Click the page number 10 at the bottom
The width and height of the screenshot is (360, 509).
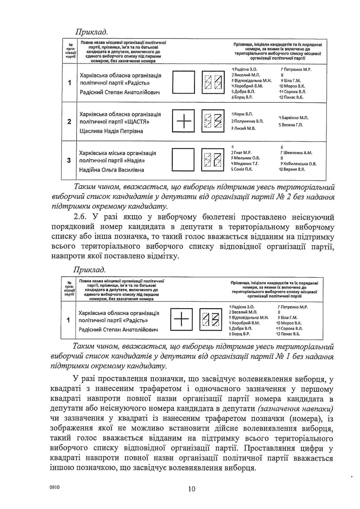coord(191,489)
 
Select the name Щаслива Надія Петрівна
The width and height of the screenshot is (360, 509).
coord(111,131)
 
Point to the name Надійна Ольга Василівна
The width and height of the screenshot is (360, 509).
coord(111,170)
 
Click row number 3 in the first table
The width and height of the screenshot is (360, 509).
coord(69,160)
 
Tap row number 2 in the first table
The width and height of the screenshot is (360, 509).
coord(69,121)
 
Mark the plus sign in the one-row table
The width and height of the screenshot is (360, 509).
coord(181,320)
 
